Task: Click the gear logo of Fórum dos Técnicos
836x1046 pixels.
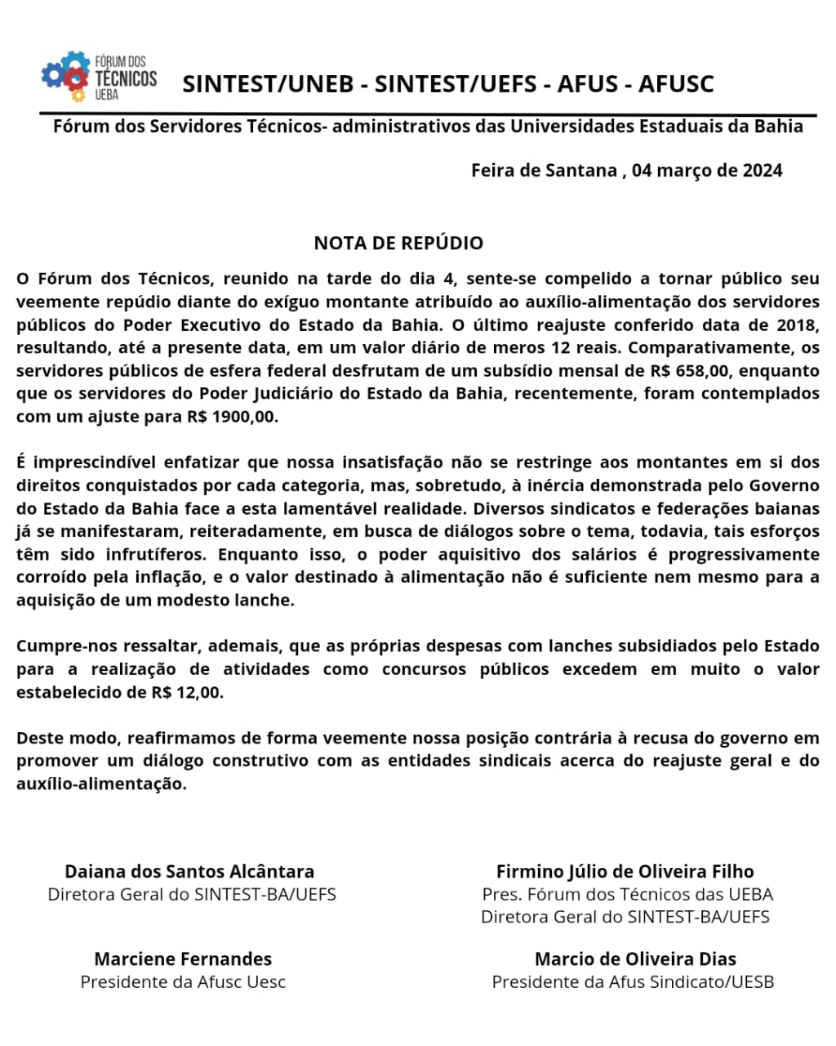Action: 65,76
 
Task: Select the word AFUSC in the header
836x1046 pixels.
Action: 676,84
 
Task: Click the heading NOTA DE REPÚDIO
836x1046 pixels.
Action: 398,243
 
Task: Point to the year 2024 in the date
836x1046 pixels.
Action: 763,171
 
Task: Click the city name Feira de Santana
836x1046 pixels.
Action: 544,171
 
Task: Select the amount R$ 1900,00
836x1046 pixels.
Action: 232,416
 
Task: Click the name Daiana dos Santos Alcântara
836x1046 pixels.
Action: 189,871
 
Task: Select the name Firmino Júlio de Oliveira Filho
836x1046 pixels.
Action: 625,871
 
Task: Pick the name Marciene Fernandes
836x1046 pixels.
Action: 183,959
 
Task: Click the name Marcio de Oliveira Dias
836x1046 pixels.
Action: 635,959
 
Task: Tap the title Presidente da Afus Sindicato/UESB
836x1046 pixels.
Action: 633,981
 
